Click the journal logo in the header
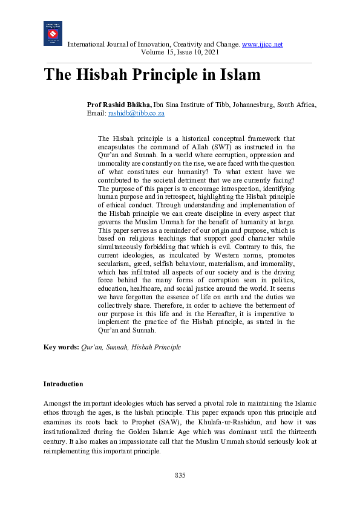coord(53,33)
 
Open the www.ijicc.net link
coord(262,45)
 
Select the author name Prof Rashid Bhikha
coord(119,105)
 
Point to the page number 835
coord(180,475)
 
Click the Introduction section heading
coord(63,384)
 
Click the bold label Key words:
coord(61,348)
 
